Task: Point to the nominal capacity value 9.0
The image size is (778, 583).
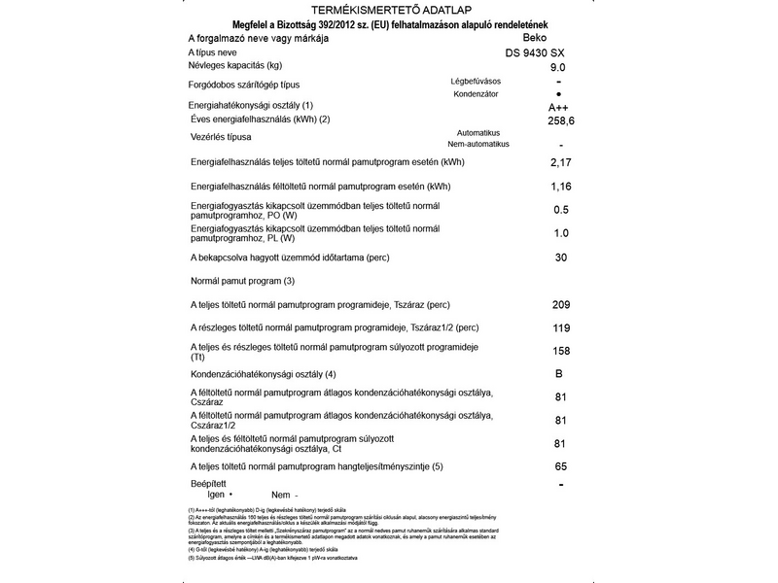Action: coord(557,67)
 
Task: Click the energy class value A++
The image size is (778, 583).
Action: coord(558,107)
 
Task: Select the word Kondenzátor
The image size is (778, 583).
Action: coord(477,93)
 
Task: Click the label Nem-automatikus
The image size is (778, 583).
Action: coord(477,144)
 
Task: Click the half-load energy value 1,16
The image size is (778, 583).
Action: coord(560,186)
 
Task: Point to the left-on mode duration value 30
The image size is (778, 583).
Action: coord(560,257)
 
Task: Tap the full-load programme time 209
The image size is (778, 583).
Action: coord(560,304)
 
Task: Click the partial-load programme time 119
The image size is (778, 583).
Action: coord(560,327)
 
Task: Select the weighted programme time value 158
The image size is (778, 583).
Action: coord(560,351)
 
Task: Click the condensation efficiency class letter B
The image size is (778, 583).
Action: coord(559,374)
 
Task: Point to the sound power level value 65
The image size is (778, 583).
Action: coord(560,467)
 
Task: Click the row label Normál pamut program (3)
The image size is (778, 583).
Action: coord(242,281)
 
